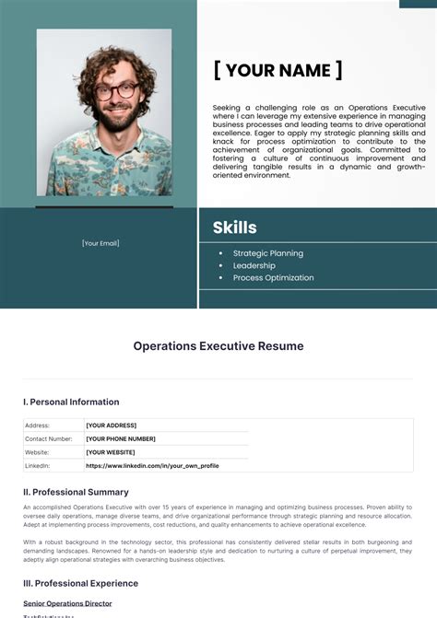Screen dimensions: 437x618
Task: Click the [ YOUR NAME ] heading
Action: point(278,70)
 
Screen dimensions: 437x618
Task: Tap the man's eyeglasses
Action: point(116,91)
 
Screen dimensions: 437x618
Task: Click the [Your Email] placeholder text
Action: point(100,243)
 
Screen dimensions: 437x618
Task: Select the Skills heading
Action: point(234,227)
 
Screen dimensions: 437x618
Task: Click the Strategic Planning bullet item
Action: point(267,253)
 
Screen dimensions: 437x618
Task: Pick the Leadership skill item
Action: point(254,265)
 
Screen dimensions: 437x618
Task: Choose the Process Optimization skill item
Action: point(273,277)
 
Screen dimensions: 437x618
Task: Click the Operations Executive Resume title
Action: point(218,346)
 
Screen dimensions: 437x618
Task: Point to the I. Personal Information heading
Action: point(71,402)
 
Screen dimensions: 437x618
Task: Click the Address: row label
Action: point(38,426)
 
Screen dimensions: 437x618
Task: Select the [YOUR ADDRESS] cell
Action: point(111,426)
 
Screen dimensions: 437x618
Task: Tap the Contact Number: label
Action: point(49,438)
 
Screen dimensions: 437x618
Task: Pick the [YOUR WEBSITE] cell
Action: point(111,452)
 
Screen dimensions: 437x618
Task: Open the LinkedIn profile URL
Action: point(152,465)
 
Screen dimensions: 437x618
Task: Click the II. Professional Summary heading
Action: point(76,493)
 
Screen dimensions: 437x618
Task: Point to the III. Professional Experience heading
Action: point(80,583)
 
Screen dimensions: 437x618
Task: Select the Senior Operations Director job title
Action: point(67,603)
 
